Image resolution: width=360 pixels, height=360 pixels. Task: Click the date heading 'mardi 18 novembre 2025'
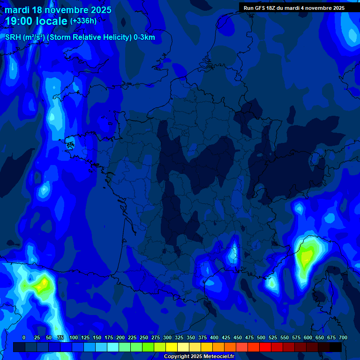tap(58, 10)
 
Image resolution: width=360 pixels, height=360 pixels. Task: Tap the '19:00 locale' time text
tap(36, 21)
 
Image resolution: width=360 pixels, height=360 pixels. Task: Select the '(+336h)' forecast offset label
tap(83, 21)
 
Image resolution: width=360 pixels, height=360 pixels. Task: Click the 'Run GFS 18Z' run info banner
tap(294, 8)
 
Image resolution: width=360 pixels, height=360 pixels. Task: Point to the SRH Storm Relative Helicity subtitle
tap(80, 37)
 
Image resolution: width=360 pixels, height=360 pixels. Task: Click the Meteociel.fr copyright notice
tap(199, 356)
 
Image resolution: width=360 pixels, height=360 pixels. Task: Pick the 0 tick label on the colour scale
tap(24, 337)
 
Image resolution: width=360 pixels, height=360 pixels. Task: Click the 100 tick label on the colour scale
tap(74, 337)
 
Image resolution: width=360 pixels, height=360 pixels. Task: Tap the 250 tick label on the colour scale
tap(144, 337)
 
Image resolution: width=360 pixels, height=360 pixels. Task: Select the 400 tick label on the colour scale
tap(214, 337)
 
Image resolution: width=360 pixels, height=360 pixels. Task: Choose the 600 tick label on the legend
tap(308, 337)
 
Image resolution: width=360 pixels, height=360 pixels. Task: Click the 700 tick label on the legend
tap(343, 337)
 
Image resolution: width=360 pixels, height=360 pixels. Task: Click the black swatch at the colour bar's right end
tap(336, 347)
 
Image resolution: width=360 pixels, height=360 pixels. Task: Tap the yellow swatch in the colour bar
tap(172, 347)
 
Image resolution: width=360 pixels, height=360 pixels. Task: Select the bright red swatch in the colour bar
tap(265, 347)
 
